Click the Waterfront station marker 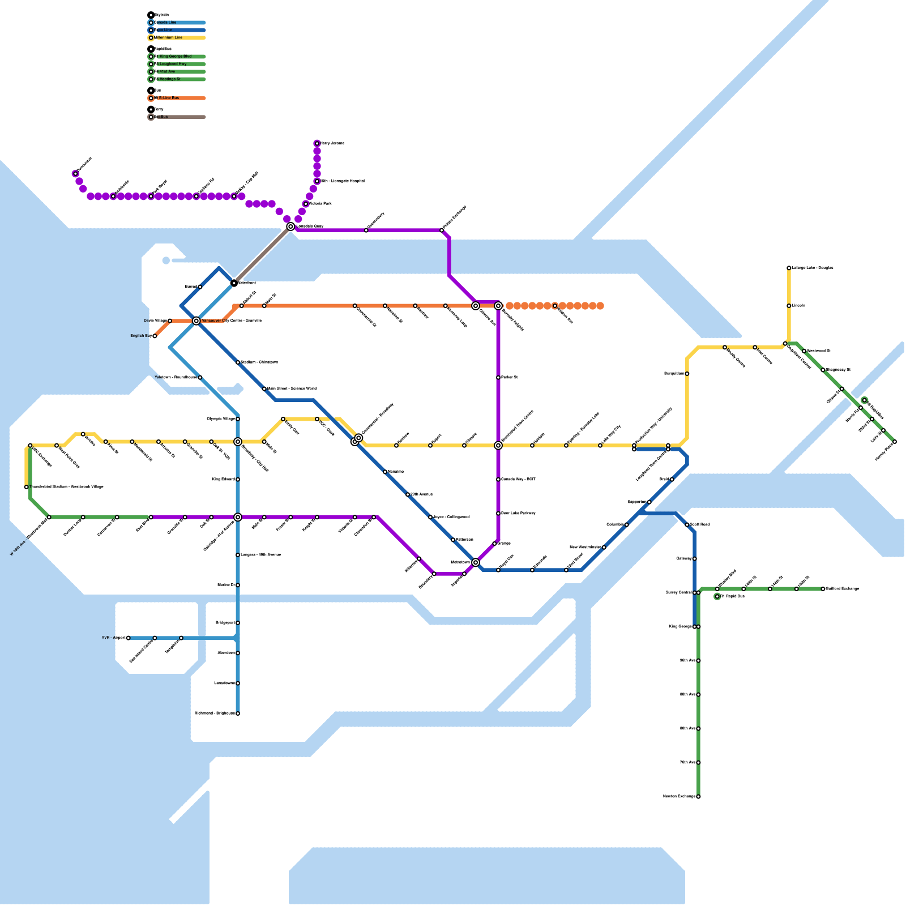(234, 283)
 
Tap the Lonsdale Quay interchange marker (290, 226)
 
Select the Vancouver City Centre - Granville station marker (196, 321)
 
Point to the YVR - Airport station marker (129, 638)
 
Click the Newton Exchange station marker (698, 797)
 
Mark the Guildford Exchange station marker (823, 589)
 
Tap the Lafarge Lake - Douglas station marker (789, 268)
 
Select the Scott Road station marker (687, 525)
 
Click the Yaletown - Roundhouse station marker (200, 378)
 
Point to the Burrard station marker (200, 287)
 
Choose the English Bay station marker (155, 336)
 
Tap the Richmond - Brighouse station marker (238, 713)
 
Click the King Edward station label (223, 480)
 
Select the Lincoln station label (798, 306)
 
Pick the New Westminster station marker (604, 548)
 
